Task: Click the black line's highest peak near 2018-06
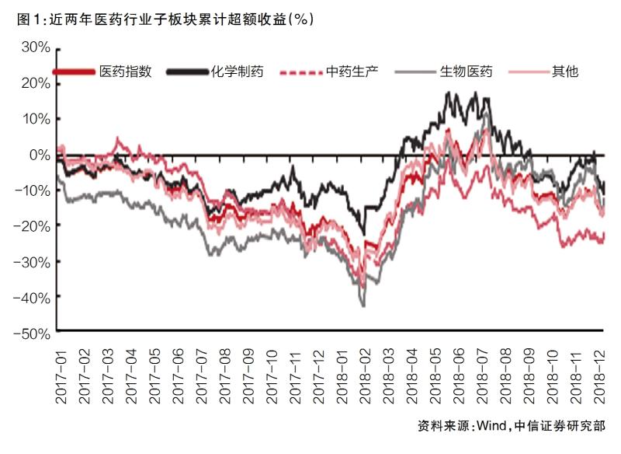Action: (x=449, y=93)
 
